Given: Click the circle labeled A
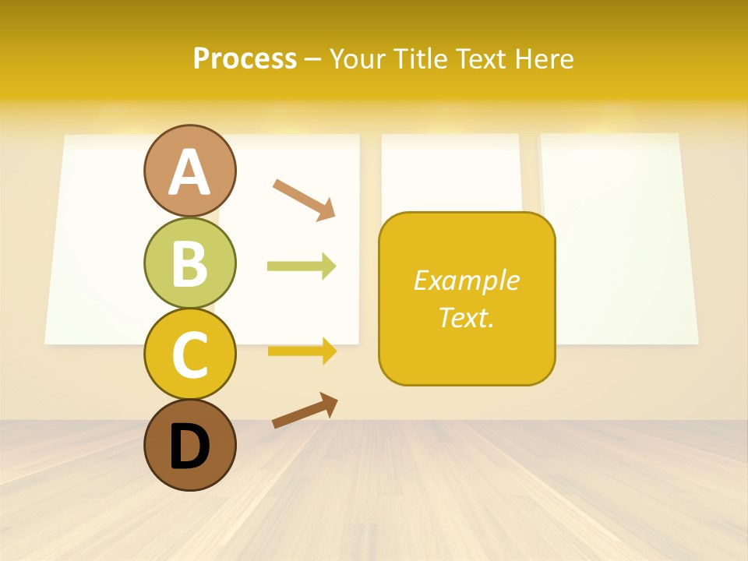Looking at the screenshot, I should (x=189, y=171).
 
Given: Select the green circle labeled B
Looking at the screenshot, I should (x=189, y=263).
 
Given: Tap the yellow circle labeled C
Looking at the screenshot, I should (x=189, y=354).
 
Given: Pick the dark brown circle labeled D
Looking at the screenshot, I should (x=189, y=445).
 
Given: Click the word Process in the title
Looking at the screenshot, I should (x=245, y=58).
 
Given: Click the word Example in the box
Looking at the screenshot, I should (x=466, y=280).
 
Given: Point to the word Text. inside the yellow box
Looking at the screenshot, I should (x=466, y=317).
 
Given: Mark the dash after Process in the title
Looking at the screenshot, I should (x=312, y=59).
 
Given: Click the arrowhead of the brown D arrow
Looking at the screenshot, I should (x=329, y=404).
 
